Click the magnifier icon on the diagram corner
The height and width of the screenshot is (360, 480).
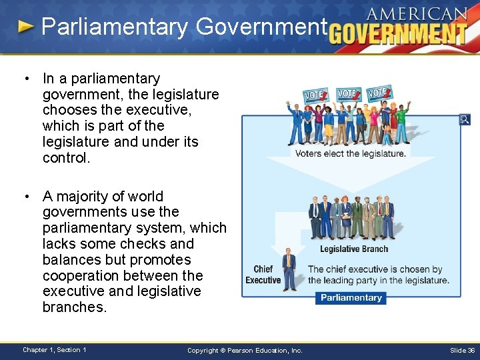[x=465, y=120]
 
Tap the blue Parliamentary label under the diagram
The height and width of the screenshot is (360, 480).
[x=351, y=298]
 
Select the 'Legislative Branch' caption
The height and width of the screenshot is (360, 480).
[x=354, y=249]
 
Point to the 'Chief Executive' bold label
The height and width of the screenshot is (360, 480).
[x=263, y=275]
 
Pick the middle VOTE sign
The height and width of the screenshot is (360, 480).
[x=347, y=93]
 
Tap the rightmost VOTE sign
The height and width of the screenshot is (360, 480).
[x=379, y=93]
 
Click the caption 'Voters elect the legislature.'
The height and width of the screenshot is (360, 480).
[x=351, y=153]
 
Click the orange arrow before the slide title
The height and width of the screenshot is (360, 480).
[x=25, y=27]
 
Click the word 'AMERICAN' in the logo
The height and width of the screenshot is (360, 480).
[x=417, y=14]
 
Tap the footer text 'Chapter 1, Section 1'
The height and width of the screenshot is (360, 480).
[x=54, y=350]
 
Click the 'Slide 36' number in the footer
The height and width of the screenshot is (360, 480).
[x=462, y=350]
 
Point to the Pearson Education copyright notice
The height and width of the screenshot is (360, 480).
[x=245, y=350]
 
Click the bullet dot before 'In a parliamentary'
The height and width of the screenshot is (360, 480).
[x=25, y=79]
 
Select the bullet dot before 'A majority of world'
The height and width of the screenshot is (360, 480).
[x=25, y=196]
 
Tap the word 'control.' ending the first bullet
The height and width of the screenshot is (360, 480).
[x=66, y=158]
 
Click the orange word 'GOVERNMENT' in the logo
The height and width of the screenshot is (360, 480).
[x=398, y=34]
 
